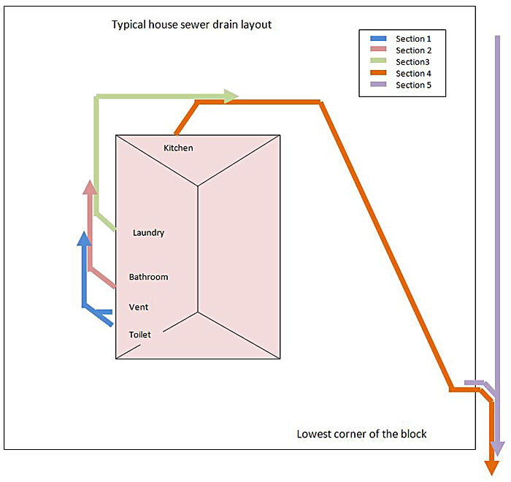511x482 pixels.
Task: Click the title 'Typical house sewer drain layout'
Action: (191, 24)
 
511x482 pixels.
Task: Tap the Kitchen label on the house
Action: (178, 148)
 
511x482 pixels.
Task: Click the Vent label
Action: (139, 307)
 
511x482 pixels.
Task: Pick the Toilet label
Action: (140, 334)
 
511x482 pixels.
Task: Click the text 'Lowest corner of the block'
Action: (361, 434)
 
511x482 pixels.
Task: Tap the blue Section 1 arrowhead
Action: (85, 239)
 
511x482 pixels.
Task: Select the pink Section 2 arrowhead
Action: (90, 187)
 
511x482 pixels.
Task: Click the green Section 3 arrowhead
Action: (231, 96)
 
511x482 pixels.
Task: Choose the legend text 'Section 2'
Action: (415, 50)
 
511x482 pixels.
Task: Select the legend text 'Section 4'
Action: (415, 73)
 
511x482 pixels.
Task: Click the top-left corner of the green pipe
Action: (96, 96)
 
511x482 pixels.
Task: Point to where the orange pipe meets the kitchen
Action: (175, 133)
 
